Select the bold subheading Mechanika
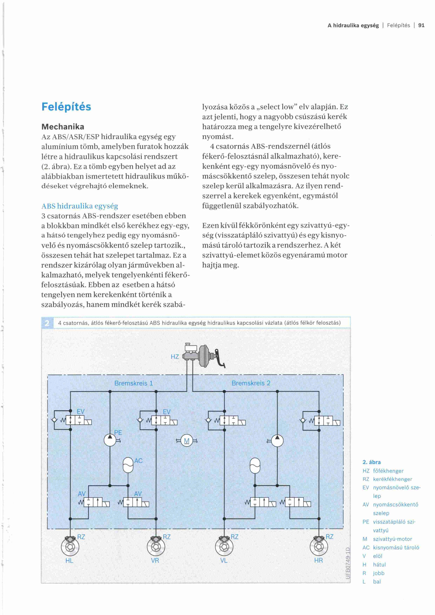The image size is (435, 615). (63, 127)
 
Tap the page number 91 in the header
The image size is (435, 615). (421, 25)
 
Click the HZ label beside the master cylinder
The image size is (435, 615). (175, 357)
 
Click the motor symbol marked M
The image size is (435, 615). (187, 441)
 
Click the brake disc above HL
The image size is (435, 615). (70, 546)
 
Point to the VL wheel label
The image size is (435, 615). (224, 560)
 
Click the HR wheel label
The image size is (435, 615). (319, 560)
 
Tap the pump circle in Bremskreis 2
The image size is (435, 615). (277, 441)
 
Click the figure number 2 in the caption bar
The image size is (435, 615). (47, 323)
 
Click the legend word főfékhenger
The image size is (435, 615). (388, 471)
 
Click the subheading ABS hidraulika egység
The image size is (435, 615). (80, 206)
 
